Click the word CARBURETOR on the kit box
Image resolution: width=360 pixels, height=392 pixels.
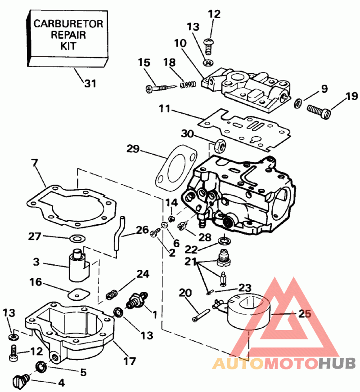68,23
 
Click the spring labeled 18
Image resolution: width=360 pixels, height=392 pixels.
188,84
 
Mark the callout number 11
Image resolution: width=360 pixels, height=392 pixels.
165,108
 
